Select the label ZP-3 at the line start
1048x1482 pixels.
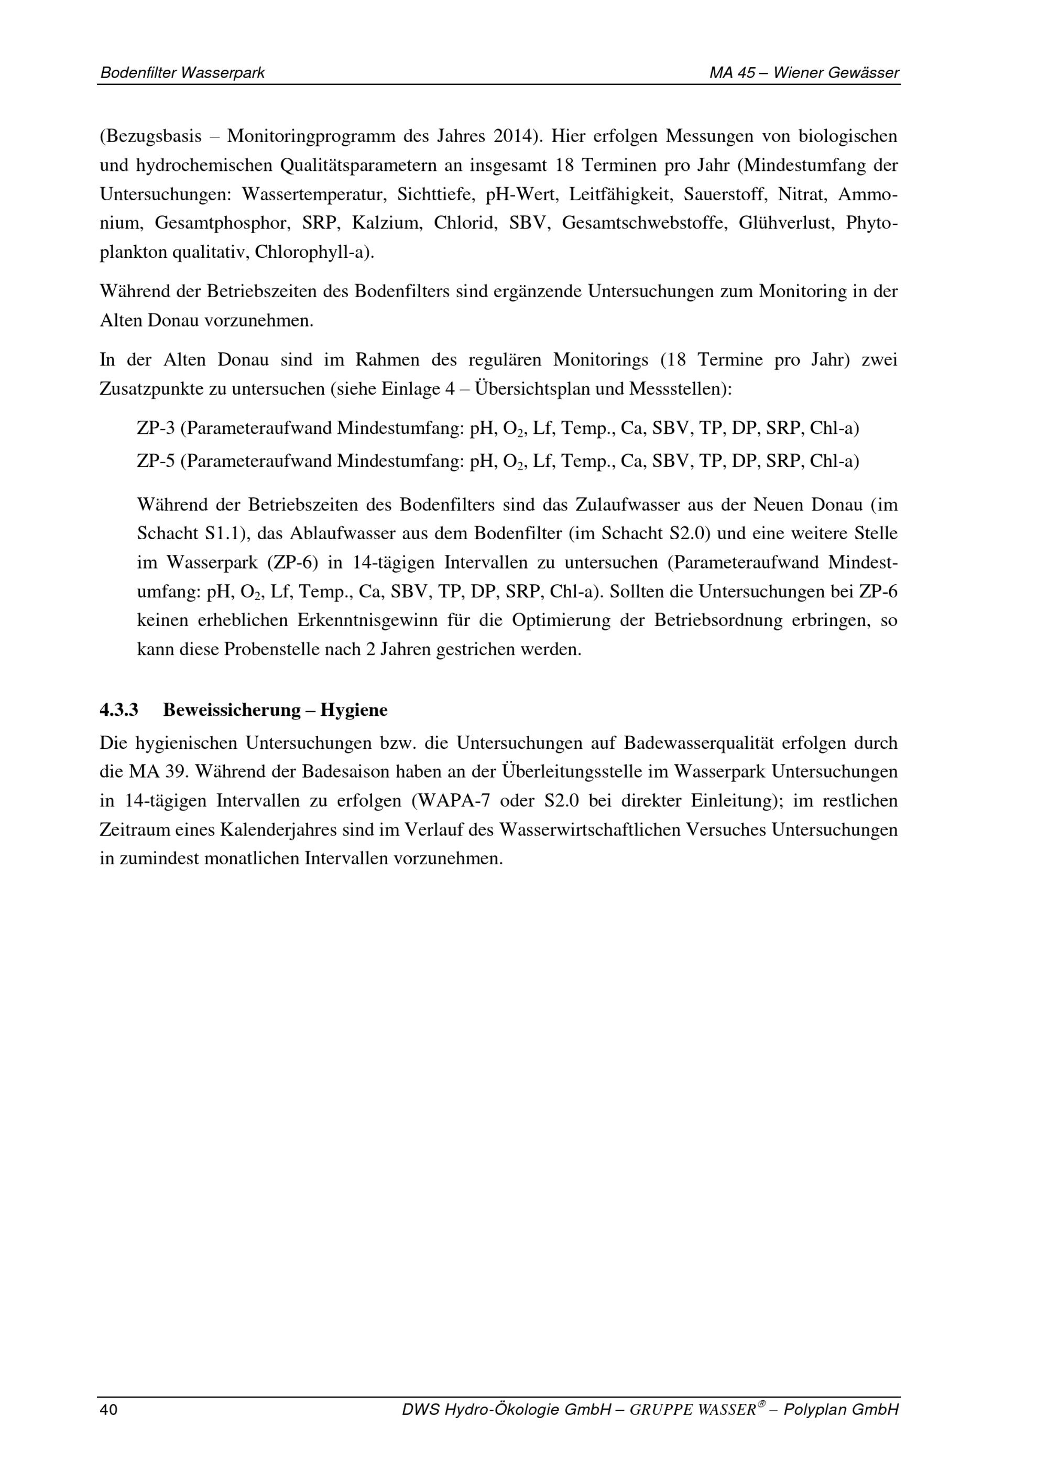pyautogui.click(x=156, y=428)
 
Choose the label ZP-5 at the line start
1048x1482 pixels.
pyautogui.click(x=156, y=461)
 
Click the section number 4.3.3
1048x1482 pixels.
pyautogui.click(x=119, y=710)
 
